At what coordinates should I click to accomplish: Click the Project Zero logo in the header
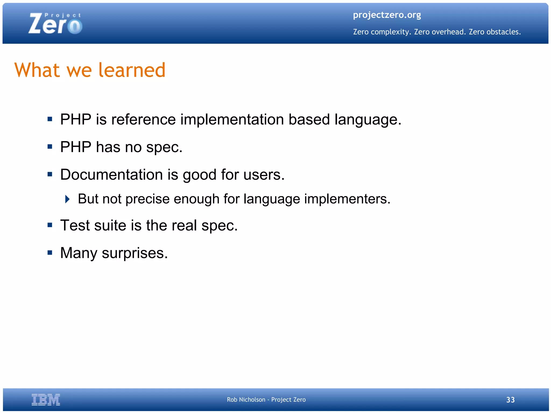pyautogui.click(x=55, y=24)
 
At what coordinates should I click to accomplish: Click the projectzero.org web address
pyautogui.click(x=387, y=15)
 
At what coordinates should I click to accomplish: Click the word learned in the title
pyautogui.click(x=132, y=70)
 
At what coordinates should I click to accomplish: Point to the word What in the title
pyautogui.click(x=37, y=70)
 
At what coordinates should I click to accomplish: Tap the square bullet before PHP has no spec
pyautogui.click(x=50, y=147)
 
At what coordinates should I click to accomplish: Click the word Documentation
pyautogui.click(x=111, y=175)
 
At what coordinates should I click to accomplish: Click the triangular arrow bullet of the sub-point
pyautogui.click(x=68, y=199)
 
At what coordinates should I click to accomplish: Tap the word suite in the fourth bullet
pyautogui.click(x=110, y=225)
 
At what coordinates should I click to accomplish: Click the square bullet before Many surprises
pyautogui.click(x=50, y=253)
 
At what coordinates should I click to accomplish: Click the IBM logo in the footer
pyautogui.click(x=46, y=400)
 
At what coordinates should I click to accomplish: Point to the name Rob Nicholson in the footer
pyautogui.click(x=246, y=400)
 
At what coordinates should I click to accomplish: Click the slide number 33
pyautogui.click(x=510, y=400)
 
